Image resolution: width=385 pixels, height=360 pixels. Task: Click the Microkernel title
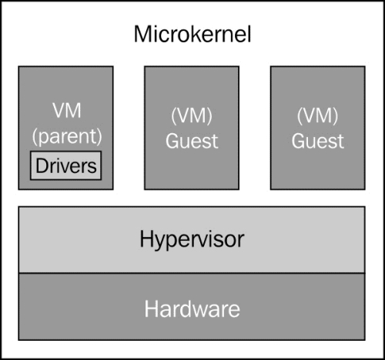click(x=192, y=34)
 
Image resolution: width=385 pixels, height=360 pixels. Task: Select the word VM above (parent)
click(x=67, y=111)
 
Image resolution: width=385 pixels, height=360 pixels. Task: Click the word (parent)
click(x=67, y=136)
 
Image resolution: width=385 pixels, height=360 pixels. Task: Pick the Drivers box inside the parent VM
click(x=66, y=165)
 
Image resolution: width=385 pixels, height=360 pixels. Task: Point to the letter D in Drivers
click(x=42, y=165)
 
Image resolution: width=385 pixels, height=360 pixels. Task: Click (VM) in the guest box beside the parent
click(x=192, y=115)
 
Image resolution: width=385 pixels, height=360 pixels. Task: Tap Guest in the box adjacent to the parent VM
click(x=192, y=141)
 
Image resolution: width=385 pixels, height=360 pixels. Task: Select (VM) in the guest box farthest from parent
click(x=317, y=115)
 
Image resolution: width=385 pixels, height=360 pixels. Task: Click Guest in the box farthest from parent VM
click(x=318, y=141)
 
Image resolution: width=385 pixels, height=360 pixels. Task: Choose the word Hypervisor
click(x=192, y=240)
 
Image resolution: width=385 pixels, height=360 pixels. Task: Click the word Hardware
click(x=192, y=309)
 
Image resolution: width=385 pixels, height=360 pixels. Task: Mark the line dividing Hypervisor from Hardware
click(x=192, y=273)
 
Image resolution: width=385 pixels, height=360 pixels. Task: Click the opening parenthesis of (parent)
click(x=35, y=136)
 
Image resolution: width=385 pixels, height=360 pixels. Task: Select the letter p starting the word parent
click(x=44, y=138)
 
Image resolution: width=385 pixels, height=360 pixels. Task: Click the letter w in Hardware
click(x=196, y=311)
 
